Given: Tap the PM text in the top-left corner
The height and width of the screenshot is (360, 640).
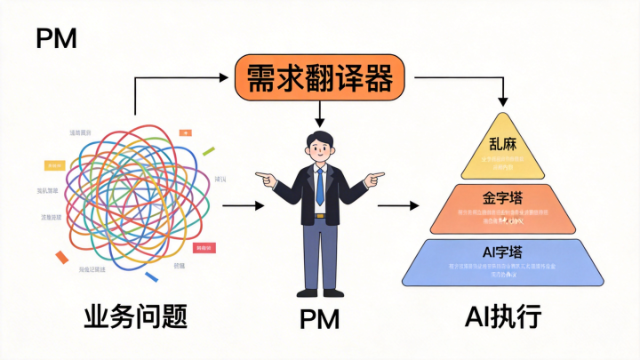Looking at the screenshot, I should click(56, 37).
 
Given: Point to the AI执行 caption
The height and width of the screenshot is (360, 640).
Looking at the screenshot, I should click(502, 317).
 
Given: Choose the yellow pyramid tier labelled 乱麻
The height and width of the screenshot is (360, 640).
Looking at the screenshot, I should click(502, 149).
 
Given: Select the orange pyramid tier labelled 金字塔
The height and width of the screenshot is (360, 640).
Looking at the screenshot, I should click(502, 205).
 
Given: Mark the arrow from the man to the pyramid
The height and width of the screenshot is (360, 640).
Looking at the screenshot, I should click(398, 205).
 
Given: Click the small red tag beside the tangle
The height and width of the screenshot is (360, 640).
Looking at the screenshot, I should click(204, 247).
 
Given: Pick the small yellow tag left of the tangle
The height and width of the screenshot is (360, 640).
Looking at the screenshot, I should click(55, 165).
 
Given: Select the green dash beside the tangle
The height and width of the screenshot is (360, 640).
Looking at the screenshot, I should click(209, 150).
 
